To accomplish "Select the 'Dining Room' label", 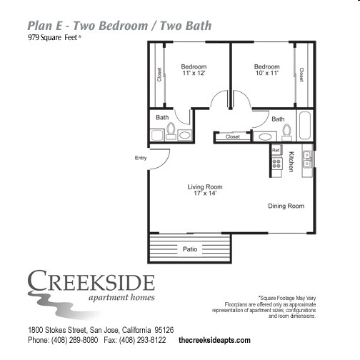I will pos(286,206).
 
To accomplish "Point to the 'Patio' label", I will pos(189,249).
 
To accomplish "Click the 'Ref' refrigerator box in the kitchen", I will pos(275,150).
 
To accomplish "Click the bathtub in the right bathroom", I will pos(305,126).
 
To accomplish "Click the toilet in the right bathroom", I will pos(286,131).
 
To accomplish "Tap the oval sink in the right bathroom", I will pos(265,136).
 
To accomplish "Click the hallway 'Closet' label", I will pos(233,136).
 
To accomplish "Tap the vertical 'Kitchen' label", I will pos(291,161).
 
